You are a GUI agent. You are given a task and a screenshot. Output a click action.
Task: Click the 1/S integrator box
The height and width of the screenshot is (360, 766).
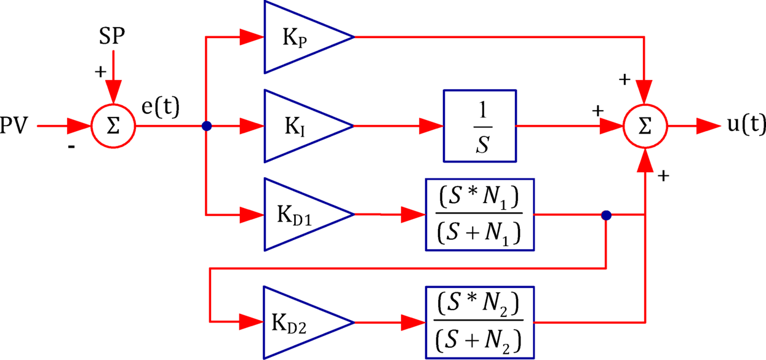click(x=479, y=126)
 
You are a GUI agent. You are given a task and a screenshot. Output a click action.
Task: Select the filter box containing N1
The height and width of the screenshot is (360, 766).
click(x=479, y=215)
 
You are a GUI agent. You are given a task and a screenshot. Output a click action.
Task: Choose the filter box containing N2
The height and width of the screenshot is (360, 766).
click(x=479, y=322)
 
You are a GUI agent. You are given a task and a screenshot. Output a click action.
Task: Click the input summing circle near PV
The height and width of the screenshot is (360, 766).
click(x=113, y=126)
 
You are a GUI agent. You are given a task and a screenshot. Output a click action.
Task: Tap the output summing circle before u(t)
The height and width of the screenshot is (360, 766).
click(x=644, y=126)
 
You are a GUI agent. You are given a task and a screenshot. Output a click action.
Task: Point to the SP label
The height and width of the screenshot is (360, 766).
click(x=112, y=38)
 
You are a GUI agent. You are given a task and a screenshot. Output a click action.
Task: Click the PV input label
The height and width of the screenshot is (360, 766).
click(x=14, y=126)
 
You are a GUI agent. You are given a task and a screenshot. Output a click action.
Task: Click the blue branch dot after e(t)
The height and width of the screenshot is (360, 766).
click(x=206, y=126)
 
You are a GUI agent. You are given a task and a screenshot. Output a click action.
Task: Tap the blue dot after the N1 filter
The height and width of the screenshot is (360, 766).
click(x=606, y=215)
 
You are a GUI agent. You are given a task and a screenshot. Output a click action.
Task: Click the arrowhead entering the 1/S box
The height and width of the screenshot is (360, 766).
click(x=431, y=126)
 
